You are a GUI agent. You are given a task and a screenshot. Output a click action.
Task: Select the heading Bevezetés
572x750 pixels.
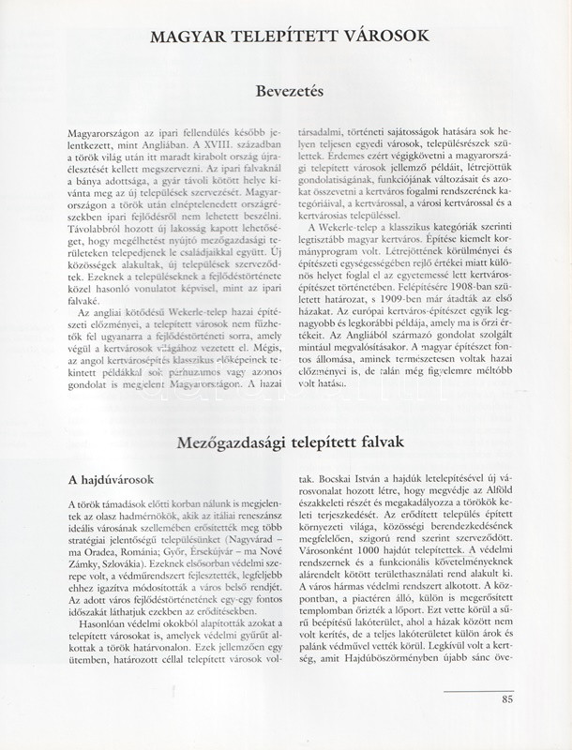pos(286,93)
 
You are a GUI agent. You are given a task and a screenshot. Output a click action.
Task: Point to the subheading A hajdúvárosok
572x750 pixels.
pos(112,479)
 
